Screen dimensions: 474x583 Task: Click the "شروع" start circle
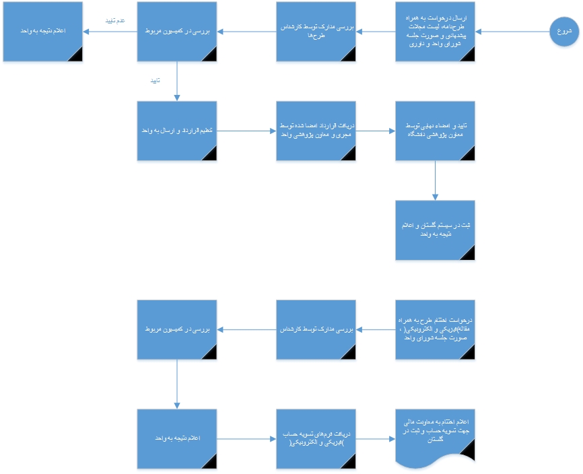point(564,32)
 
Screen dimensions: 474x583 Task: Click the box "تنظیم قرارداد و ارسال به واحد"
point(176,131)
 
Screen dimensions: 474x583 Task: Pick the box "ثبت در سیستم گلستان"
point(435,230)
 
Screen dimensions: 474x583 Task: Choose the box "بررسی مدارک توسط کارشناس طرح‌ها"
point(316,32)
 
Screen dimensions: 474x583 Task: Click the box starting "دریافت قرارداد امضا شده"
point(316,131)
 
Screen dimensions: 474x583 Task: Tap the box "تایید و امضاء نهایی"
point(435,131)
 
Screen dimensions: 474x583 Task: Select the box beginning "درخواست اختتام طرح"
point(435,329)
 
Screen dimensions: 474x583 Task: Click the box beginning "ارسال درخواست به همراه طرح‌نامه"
point(435,32)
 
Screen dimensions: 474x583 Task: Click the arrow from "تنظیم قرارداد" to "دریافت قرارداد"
point(246,131)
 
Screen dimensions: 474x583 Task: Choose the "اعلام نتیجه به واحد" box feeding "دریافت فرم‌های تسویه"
point(176,439)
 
